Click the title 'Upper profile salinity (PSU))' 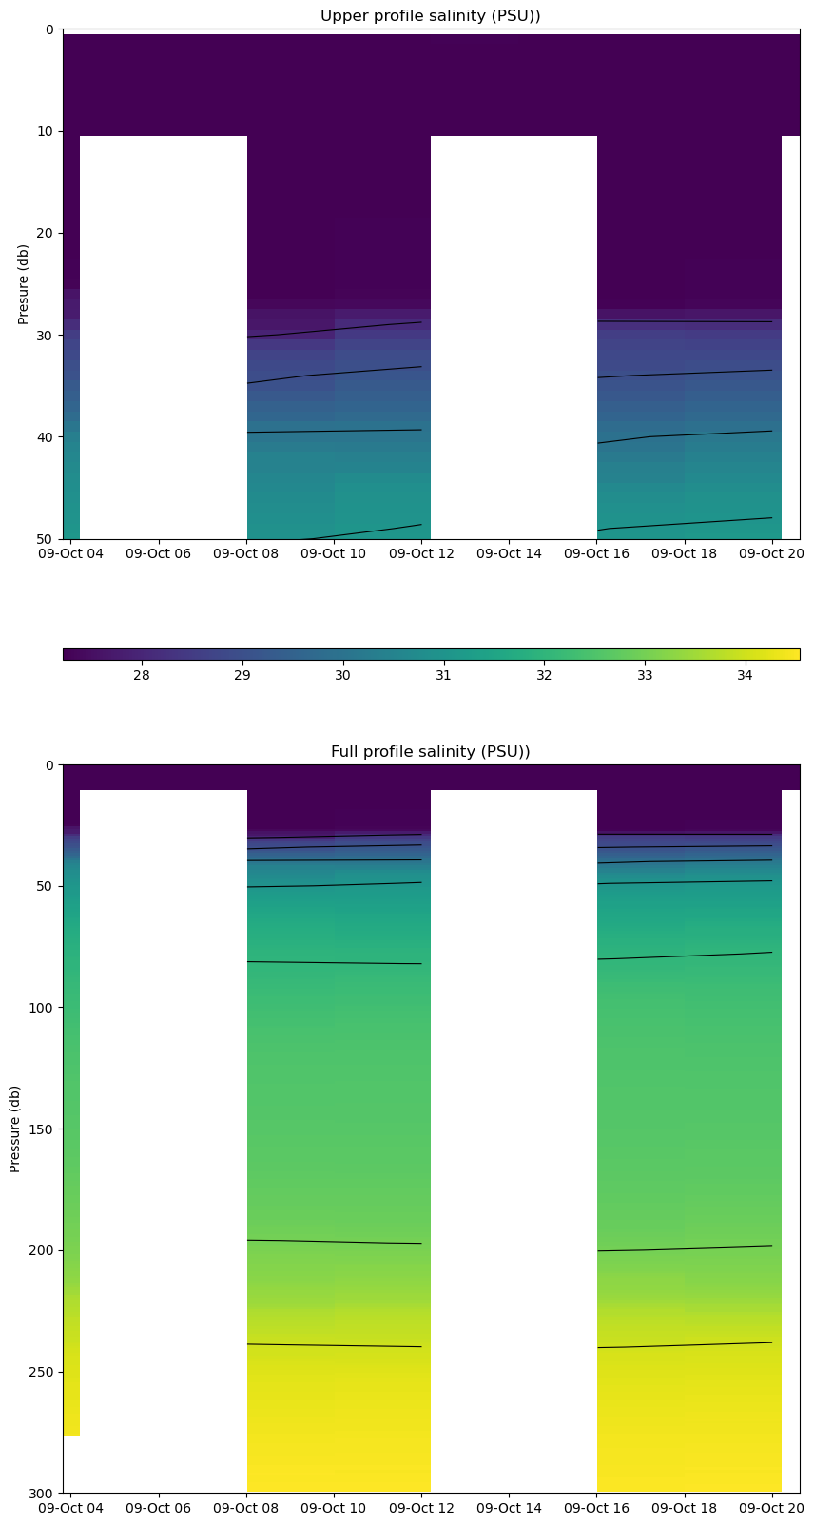(x=430, y=15)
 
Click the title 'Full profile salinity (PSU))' (x=430, y=752)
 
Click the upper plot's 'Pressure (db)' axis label (x=24, y=284)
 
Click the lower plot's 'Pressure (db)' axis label (x=15, y=1129)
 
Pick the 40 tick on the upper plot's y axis (x=46, y=437)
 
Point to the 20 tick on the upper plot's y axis (x=46, y=233)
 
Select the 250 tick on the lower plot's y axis (x=42, y=1372)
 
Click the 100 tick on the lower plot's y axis (x=42, y=1008)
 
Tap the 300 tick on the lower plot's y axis (x=42, y=1493)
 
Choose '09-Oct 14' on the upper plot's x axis (x=508, y=553)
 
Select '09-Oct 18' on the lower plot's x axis (x=684, y=1508)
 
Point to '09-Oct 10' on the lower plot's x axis (x=334, y=1508)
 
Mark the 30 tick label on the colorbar (x=342, y=675)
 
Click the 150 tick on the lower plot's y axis (x=42, y=1129)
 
